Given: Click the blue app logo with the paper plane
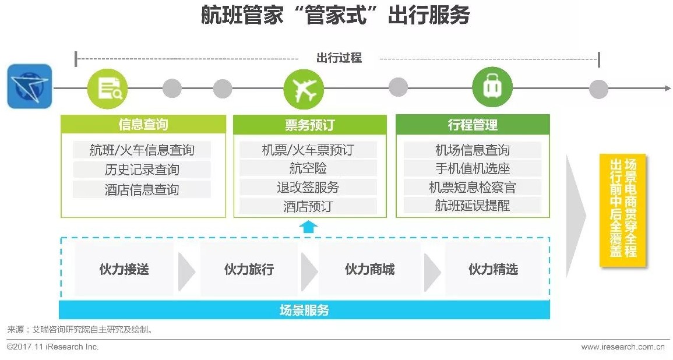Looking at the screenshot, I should click(29, 86).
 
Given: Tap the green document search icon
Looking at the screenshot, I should click(107, 89).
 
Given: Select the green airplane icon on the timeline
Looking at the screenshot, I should click(304, 89).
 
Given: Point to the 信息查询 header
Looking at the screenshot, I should click(143, 125).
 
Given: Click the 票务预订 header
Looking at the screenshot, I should click(309, 125).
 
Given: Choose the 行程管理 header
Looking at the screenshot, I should click(473, 125).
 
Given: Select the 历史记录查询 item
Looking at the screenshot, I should click(142, 170).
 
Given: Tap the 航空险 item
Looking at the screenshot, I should click(308, 168).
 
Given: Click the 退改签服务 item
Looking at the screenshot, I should click(308, 187).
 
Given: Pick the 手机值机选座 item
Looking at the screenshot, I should click(473, 168).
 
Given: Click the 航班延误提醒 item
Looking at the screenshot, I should click(473, 206).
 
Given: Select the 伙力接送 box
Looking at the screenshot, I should click(124, 269).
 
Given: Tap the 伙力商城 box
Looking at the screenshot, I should click(369, 269).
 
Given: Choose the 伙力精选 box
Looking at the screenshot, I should click(493, 269).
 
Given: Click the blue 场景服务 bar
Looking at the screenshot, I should click(304, 310).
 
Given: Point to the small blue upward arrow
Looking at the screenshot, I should click(309, 227).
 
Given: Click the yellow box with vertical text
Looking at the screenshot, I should click(622, 210).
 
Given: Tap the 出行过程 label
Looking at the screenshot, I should click(339, 58).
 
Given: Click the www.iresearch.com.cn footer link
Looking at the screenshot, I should click(622, 347).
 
